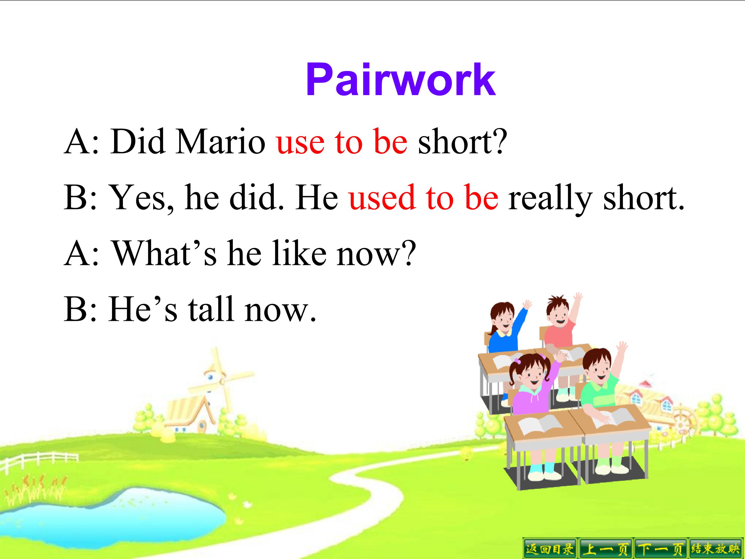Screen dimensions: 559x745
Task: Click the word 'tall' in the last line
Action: point(211,309)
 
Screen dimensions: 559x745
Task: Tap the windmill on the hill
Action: point(215,381)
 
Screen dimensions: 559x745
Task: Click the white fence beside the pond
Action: point(40,460)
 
